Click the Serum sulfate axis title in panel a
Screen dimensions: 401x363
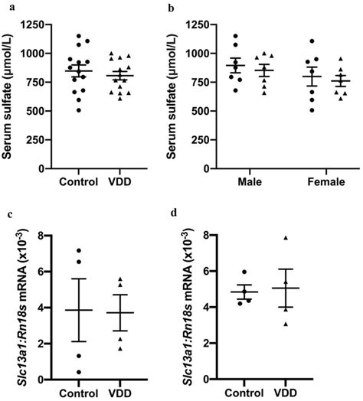(8, 96)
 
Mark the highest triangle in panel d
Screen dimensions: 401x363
(285, 238)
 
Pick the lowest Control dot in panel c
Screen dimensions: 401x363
(79, 372)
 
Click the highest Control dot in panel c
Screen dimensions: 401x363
(79, 250)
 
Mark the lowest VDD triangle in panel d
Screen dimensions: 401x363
(285, 324)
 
